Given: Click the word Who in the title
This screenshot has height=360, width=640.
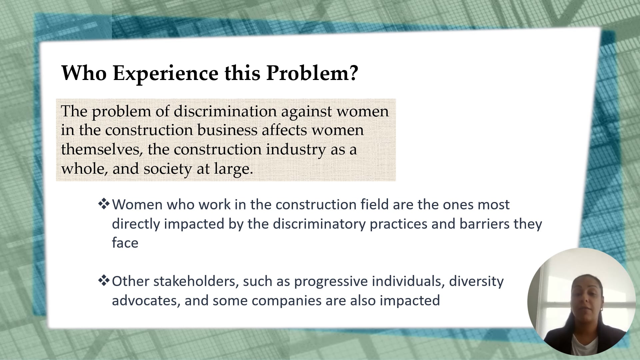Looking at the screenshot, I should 84,73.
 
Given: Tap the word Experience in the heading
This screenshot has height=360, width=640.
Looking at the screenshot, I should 165,73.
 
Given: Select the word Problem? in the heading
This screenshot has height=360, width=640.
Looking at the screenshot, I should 312,73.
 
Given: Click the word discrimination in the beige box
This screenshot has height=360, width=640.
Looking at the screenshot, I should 225,111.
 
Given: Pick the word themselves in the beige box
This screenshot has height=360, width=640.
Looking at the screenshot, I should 102,149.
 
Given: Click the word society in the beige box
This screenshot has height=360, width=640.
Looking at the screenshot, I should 167,168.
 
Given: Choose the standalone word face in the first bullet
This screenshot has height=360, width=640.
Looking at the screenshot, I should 125,243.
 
